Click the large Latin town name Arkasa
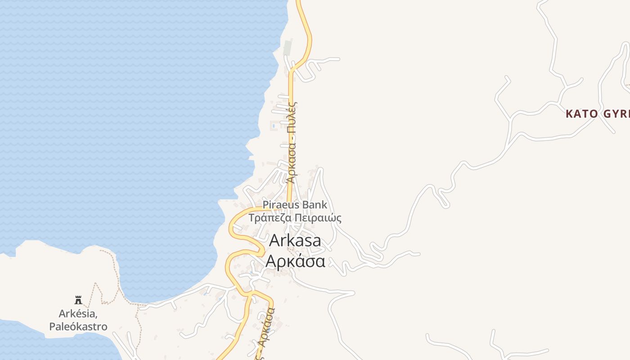point(295,241)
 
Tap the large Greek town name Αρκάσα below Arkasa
point(295,261)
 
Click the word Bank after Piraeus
point(315,205)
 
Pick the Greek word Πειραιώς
point(319,218)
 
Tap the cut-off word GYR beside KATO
point(616,114)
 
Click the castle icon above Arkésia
point(78,300)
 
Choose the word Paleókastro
point(78,327)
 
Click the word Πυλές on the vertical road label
point(292,117)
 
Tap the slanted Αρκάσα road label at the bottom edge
point(266,328)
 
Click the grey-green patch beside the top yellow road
point(287,48)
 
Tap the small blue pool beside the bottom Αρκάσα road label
point(268,331)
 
